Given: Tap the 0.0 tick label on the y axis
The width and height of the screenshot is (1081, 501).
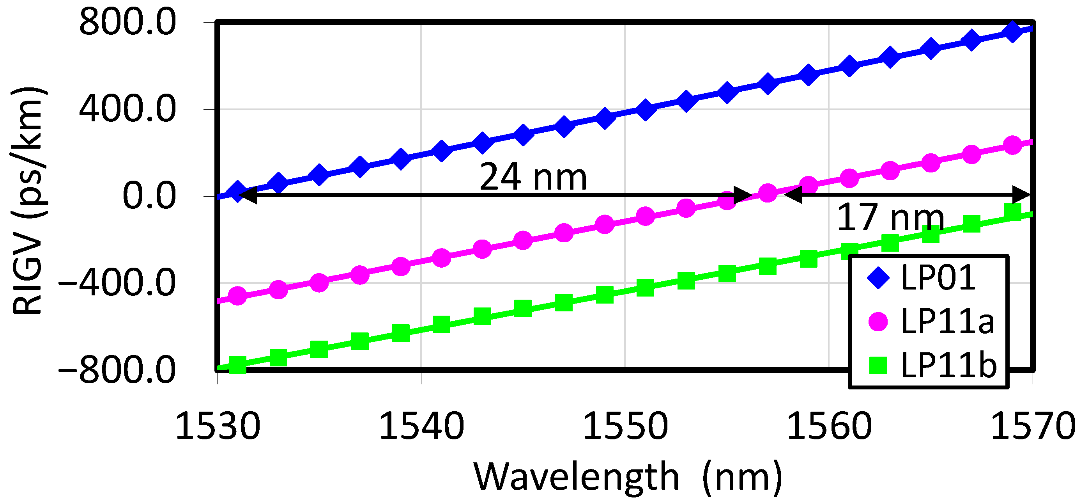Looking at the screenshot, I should point(149,196).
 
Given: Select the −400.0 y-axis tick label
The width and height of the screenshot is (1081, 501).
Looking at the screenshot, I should point(117,283).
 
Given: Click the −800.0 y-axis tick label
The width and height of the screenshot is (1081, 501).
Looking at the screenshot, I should point(117,370).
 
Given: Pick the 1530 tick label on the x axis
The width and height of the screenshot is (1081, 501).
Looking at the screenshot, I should point(218,426).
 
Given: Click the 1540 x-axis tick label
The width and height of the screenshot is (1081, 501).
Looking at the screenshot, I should point(421,426).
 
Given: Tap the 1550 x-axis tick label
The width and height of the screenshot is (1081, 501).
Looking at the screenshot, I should point(625,426).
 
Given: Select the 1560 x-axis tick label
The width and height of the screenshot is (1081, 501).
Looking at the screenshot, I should point(829,426).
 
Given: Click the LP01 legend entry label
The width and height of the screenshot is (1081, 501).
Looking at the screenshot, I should point(938,277).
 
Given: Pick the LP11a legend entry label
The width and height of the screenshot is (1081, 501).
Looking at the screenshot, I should point(948,321).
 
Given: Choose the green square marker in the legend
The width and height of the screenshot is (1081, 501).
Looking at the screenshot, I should point(878,365).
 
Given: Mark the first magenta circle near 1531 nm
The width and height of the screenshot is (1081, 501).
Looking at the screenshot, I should point(237,296).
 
